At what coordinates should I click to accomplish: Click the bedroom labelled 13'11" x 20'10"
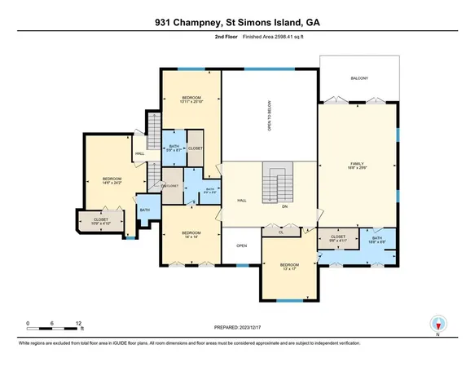point(190,99)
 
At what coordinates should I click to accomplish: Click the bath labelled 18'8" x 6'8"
point(377,240)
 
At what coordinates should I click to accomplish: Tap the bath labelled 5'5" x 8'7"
point(173,148)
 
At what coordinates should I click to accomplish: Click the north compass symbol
point(438,325)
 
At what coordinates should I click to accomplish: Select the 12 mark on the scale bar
point(79,323)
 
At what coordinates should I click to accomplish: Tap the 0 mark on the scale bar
point(28,323)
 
